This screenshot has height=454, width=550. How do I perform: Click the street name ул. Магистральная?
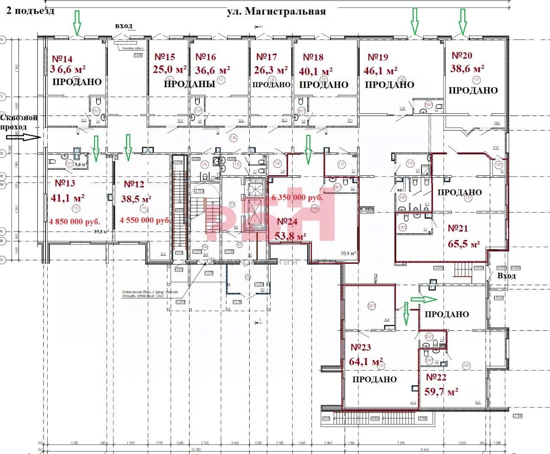276,12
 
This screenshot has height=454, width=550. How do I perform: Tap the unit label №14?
62,59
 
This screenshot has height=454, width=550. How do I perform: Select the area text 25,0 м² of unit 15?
170,69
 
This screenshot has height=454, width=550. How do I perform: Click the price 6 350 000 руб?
297,198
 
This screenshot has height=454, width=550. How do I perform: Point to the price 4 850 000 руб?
75,222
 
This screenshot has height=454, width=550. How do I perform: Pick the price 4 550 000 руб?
145,220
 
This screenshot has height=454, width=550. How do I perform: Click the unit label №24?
288,222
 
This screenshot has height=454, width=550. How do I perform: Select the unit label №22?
436,378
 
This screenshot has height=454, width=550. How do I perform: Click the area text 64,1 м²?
366,362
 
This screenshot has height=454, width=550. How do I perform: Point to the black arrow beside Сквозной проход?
24,137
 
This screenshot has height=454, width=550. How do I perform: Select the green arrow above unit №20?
463,21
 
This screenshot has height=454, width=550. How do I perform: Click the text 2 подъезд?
30,11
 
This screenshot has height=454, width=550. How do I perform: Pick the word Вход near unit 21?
506,276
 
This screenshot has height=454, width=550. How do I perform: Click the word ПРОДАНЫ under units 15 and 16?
189,84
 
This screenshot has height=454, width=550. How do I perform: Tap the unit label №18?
313,57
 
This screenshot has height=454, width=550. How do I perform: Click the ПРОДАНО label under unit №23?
374,380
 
